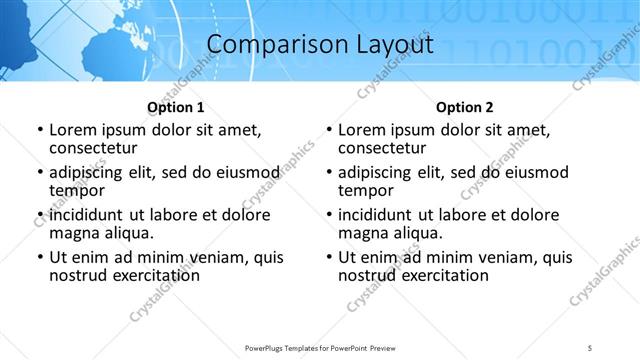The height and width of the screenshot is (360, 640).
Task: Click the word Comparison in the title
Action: pos(262,45)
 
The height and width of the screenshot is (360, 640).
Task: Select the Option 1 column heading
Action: pos(176,107)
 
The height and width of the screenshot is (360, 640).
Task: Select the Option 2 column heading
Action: pos(465,107)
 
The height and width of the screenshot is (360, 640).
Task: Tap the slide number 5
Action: pos(590,347)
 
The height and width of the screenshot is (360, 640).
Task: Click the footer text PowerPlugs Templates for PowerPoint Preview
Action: pos(319,347)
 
